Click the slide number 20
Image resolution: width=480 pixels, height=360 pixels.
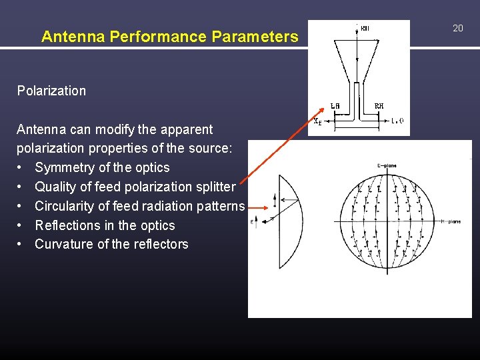tap(457, 28)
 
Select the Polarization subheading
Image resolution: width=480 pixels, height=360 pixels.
tap(51, 91)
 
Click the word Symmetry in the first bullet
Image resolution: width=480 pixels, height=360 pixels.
tap(65, 167)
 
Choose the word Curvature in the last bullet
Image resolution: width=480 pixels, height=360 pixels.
tap(64, 244)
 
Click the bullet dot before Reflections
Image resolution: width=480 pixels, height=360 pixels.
tap(22, 225)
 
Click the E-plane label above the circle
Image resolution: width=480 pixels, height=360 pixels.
tap(386, 165)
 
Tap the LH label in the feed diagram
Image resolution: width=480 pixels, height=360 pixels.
tap(335, 106)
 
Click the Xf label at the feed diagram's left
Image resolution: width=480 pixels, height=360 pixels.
tap(318, 121)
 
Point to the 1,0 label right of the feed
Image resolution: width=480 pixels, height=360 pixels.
tap(397, 121)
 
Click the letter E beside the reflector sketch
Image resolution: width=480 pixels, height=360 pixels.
tap(252, 220)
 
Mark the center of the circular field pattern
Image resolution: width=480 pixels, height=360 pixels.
tap(387, 222)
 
